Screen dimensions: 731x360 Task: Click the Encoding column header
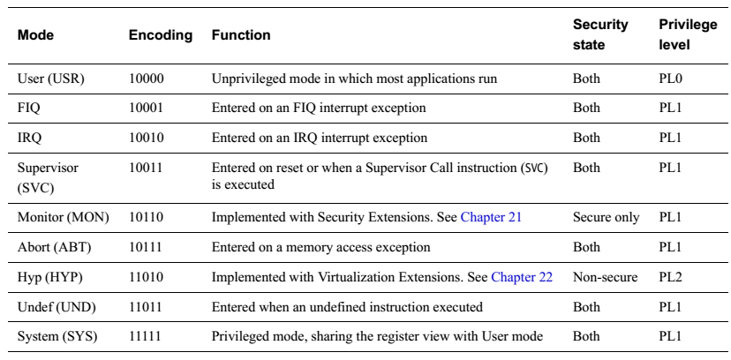pos(161,35)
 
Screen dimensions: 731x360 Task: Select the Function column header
pos(241,35)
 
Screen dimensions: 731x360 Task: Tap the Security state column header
pos(600,34)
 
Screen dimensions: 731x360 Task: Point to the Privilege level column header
pos(688,34)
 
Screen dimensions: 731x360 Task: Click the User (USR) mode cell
pos(51,79)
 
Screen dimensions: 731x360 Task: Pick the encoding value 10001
pos(146,108)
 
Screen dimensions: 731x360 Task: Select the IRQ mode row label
pos(29,139)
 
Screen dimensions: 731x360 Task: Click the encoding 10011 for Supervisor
pos(146,168)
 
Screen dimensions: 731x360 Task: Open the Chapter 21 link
pos(491,217)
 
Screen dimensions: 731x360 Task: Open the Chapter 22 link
pos(522,278)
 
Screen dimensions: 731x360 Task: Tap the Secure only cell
pos(606,217)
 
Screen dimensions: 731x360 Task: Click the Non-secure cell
pos(605,278)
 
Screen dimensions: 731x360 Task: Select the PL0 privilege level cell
pos(670,79)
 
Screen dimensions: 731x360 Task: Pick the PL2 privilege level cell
pos(670,278)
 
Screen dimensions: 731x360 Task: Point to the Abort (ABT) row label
pos(54,247)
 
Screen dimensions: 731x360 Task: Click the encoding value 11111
pos(146,337)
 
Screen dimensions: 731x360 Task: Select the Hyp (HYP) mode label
pos(50,278)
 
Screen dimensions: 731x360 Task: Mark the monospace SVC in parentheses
pos(534,169)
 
